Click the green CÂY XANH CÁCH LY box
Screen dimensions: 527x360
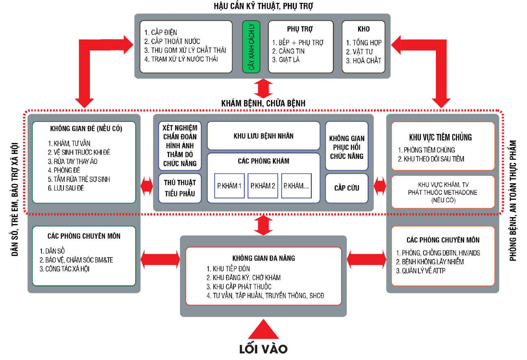[251, 46]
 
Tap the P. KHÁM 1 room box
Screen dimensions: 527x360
[230, 186]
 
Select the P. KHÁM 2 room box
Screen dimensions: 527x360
[263, 186]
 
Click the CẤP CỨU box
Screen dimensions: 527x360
[347, 188]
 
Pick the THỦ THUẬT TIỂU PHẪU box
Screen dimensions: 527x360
[180, 188]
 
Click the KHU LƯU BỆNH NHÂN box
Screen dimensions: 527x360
[264, 136]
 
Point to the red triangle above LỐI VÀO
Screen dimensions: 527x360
[263, 329]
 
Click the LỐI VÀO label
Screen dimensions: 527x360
[263, 349]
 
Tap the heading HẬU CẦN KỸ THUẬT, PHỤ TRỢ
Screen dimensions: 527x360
[264, 6]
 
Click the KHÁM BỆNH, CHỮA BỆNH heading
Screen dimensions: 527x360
[263, 103]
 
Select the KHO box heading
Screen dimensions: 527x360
[363, 29]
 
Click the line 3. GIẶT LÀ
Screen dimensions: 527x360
[286, 60]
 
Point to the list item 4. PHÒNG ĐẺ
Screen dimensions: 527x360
[64, 170]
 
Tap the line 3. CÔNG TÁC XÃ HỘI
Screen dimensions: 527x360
[64, 269]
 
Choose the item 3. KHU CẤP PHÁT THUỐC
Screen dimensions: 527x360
[239, 287]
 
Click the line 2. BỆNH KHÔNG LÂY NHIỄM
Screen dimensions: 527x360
[430, 261]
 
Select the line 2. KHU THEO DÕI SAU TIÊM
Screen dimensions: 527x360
[431, 159]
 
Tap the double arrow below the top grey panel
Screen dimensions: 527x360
[263, 88]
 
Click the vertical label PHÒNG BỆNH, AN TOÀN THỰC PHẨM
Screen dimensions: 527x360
[513, 201]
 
